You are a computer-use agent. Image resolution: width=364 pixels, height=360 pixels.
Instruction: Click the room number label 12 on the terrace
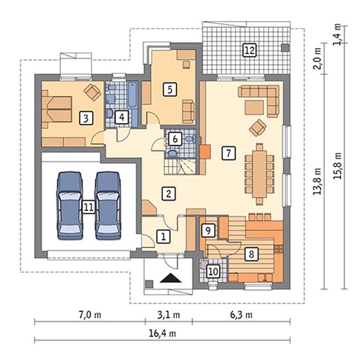click(x=249, y=50)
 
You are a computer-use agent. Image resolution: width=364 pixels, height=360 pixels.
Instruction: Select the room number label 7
click(x=229, y=153)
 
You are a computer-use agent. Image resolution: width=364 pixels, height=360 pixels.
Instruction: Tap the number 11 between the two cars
click(x=88, y=207)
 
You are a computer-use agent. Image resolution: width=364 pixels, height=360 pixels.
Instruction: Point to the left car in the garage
click(x=69, y=206)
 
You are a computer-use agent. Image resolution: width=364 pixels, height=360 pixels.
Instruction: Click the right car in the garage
click(x=108, y=206)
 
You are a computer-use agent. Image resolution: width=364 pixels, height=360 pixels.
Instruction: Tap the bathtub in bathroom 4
click(x=132, y=94)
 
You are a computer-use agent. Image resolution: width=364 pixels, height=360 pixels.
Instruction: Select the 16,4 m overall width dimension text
click(x=162, y=333)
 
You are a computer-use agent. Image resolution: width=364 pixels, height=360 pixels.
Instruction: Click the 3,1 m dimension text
click(x=169, y=315)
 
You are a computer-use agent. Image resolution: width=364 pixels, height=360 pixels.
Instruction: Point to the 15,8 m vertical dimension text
click(x=338, y=166)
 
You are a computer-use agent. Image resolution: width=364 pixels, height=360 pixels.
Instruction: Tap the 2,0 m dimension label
click(x=317, y=59)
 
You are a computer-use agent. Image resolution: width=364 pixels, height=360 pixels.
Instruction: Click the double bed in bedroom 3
click(x=57, y=109)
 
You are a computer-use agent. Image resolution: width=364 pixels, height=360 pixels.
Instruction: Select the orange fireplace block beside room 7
click(x=205, y=152)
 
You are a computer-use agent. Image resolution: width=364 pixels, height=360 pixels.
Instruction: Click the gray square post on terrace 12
click(x=285, y=47)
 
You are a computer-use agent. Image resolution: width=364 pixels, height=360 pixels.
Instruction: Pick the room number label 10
click(x=213, y=271)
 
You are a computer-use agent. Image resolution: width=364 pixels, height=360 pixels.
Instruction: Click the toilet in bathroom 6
click(x=190, y=139)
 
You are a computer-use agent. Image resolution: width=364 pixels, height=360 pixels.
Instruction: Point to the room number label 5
click(x=170, y=89)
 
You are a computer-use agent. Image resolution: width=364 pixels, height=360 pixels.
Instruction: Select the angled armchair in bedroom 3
click(x=93, y=92)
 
